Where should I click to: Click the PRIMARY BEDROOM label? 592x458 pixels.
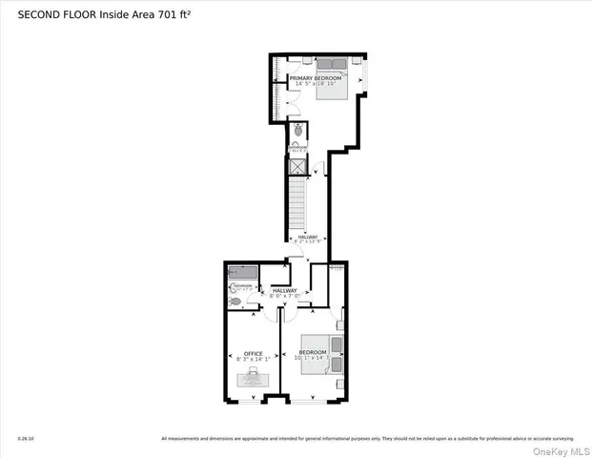click(312, 77)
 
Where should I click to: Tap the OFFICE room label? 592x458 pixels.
click(254, 353)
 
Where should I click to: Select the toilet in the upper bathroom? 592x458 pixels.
click(298, 132)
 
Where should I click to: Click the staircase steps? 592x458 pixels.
click(296, 205)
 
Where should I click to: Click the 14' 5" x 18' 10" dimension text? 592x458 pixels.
click(312, 85)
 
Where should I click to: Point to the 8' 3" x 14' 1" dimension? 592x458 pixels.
click(254, 360)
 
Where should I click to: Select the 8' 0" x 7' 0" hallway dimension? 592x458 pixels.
click(285, 297)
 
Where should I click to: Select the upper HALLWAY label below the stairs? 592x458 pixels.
click(308, 238)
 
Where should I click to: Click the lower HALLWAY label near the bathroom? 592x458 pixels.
click(285, 290)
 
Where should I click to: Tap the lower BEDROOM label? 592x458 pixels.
click(312, 352)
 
